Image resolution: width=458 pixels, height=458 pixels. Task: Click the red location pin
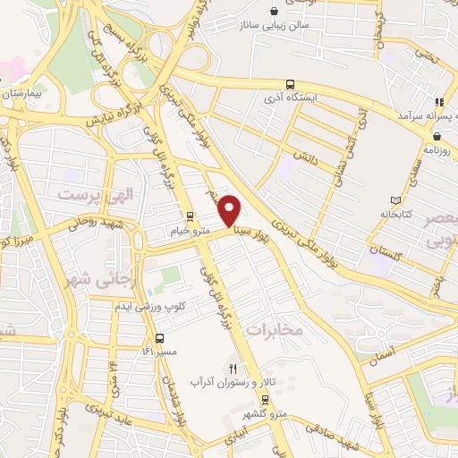pyautogui.click(x=230, y=210)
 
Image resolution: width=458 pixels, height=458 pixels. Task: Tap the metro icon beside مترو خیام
pyautogui.click(x=189, y=216)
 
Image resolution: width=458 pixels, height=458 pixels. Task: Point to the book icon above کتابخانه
pyautogui.click(x=397, y=200)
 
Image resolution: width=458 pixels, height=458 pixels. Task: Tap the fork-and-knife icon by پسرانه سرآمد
pyautogui.click(x=438, y=103)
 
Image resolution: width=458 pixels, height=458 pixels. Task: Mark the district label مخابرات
pyautogui.click(x=276, y=330)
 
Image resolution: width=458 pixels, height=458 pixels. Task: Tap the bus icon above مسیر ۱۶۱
pyautogui.click(x=159, y=338)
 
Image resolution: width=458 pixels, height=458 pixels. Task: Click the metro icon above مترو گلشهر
pyautogui.click(x=264, y=399)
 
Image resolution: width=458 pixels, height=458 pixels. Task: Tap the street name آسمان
pyautogui.click(x=392, y=355)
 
